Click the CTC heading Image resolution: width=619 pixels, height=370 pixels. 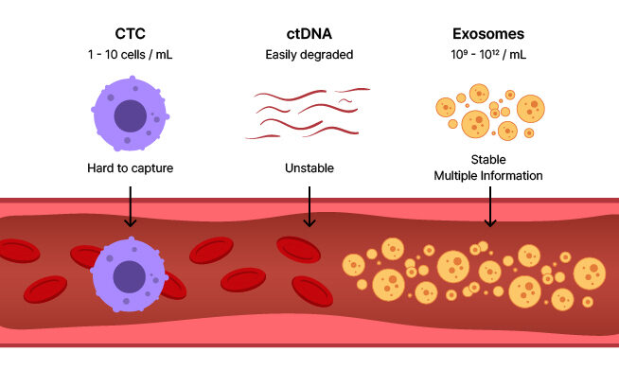[130, 34]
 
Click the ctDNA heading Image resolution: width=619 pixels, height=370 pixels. [309, 34]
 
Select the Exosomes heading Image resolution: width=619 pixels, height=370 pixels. [488, 34]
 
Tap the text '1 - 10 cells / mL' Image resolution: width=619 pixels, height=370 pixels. [130, 55]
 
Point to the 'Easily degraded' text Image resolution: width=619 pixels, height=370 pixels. [309, 55]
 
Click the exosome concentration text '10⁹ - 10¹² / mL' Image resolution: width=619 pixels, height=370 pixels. [488, 55]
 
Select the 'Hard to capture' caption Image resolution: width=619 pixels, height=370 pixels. [130, 168]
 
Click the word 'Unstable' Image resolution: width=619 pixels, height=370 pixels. [309, 168]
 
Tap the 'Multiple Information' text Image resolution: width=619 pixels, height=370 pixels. [488, 175]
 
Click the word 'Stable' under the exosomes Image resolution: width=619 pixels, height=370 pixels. [488, 160]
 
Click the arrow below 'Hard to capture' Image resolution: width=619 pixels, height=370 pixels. [131, 205]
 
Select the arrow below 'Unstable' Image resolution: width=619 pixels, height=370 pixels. [309, 205]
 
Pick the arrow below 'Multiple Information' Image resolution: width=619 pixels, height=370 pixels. [489, 205]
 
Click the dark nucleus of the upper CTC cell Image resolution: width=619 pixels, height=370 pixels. [131, 115]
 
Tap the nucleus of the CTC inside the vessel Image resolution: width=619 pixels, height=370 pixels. [129, 277]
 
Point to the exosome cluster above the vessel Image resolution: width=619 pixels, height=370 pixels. [488, 112]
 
